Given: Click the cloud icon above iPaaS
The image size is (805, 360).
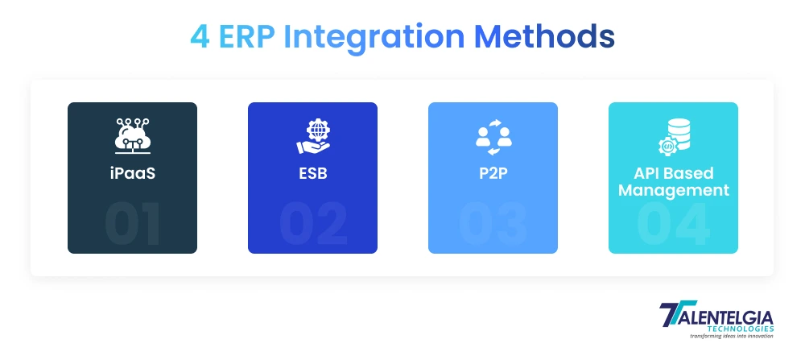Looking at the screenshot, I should (x=132, y=136).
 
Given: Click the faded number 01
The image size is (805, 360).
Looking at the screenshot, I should (x=132, y=223).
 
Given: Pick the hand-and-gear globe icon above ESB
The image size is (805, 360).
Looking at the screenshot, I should (x=312, y=136).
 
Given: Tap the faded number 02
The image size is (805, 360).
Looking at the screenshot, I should (x=312, y=223).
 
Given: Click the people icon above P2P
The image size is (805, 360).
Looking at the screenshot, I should (x=493, y=136).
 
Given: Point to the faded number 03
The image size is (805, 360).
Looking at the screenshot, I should (x=493, y=223).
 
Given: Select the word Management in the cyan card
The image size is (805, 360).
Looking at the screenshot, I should (x=673, y=191).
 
